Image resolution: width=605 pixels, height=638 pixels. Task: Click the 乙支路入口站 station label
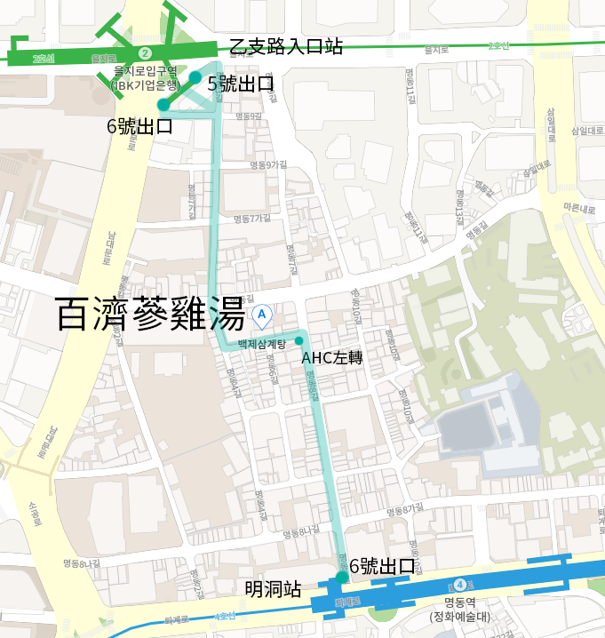(286, 48)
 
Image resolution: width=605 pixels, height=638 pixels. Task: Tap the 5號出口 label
(239, 84)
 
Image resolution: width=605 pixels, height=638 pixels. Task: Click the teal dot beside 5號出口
(195, 77)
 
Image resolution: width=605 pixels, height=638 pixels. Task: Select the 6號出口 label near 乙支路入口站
(139, 126)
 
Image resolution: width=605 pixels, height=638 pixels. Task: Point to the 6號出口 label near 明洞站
(382, 566)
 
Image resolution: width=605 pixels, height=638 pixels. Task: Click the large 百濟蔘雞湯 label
(149, 315)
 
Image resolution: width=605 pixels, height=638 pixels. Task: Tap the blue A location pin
(262, 314)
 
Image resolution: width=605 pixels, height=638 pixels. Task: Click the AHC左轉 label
(333, 358)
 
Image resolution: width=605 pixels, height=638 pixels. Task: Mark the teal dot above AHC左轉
(299, 341)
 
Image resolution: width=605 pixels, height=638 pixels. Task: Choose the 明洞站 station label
(273, 589)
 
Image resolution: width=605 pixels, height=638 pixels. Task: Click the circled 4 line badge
(459, 585)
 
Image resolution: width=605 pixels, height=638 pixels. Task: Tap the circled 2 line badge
(145, 54)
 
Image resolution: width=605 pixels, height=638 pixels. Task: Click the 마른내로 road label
(578, 208)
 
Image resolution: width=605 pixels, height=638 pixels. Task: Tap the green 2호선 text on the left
(42, 59)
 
